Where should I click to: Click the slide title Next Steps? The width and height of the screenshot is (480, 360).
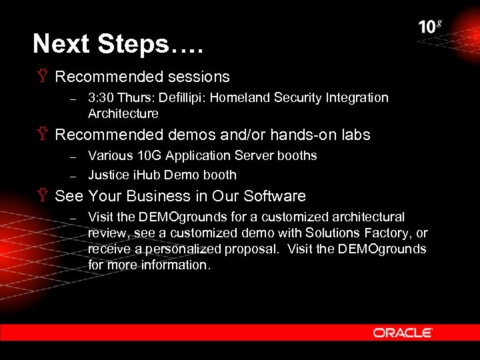point(118,44)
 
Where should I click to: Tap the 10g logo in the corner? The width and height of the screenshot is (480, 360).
point(430,27)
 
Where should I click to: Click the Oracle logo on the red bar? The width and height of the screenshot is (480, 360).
point(403,332)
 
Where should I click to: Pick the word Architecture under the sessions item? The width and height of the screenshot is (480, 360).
point(123,114)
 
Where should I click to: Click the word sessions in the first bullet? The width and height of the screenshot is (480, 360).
point(197,77)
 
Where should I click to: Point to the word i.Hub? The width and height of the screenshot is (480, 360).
point(148,175)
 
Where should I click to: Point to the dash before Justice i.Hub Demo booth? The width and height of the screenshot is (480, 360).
point(74,176)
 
